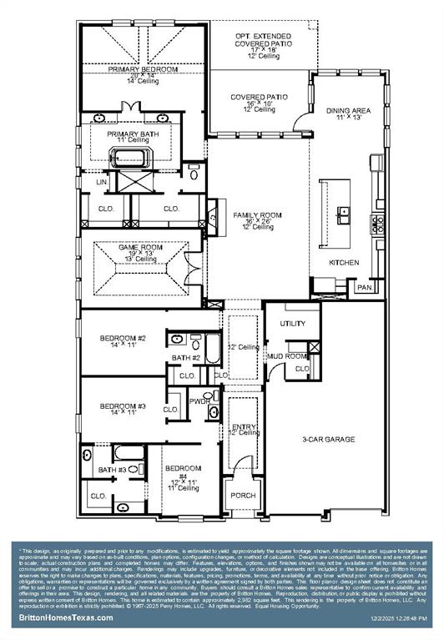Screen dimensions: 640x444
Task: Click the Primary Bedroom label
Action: click(x=142, y=69)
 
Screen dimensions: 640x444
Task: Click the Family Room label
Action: click(x=257, y=215)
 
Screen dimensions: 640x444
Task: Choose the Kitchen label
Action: click(x=344, y=262)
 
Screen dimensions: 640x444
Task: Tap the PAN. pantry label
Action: click(x=364, y=287)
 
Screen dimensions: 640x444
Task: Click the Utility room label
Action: click(x=293, y=322)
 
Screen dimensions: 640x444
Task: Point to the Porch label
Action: click(x=243, y=495)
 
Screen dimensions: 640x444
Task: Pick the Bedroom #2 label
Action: click(x=123, y=338)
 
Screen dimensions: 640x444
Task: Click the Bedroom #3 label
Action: click(x=123, y=406)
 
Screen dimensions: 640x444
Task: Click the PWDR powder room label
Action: click(x=199, y=401)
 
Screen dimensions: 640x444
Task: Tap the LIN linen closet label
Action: click(x=102, y=181)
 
